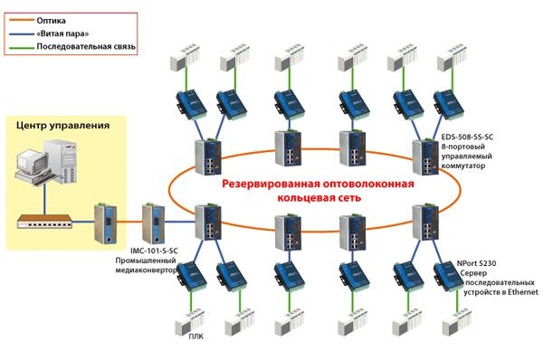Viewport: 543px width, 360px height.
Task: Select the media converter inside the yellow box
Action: [x=104, y=223]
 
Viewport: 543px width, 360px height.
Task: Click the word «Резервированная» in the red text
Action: [x=271, y=184]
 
